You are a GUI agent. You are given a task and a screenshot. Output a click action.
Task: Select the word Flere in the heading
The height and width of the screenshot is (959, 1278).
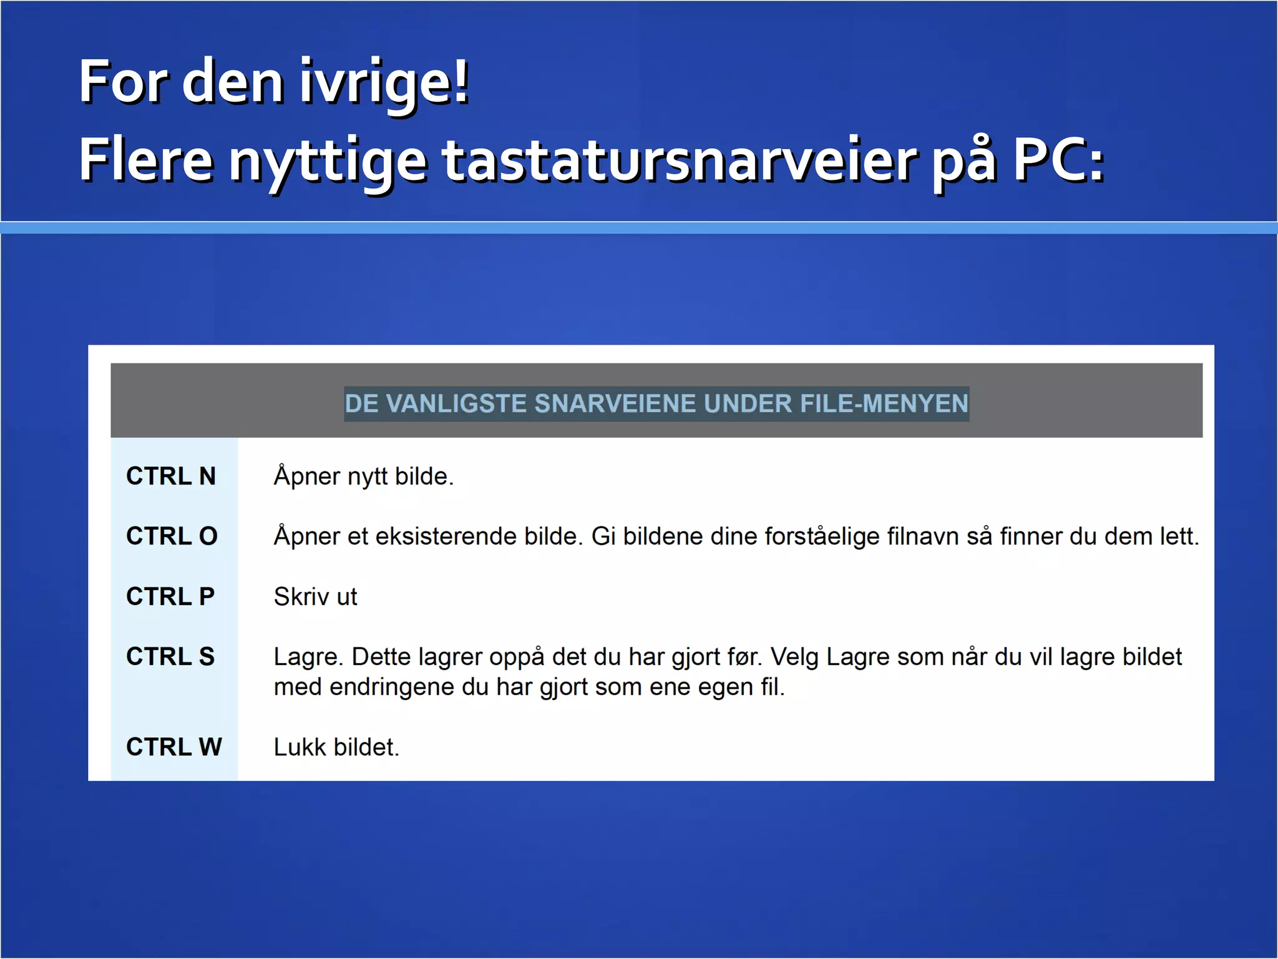[x=145, y=160]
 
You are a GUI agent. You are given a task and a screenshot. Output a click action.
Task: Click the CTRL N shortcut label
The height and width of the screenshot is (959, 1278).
[x=170, y=476]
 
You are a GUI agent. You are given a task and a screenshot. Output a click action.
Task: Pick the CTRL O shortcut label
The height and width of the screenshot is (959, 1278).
[x=172, y=536]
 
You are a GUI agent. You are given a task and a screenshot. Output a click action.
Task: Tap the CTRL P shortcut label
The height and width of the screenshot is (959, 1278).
[x=170, y=597]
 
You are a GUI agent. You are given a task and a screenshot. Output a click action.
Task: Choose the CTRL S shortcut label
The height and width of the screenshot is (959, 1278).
[x=170, y=657]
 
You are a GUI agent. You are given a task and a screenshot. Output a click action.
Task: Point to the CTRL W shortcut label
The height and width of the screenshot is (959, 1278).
[x=173, y=747]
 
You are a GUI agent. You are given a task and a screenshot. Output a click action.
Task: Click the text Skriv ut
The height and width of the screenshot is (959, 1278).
[x=315, y=597]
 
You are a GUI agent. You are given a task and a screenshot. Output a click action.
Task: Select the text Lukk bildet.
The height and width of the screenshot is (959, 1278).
[x=336, y=747]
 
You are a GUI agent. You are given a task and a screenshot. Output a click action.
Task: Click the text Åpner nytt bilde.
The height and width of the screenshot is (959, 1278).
[x=363, y=476]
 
